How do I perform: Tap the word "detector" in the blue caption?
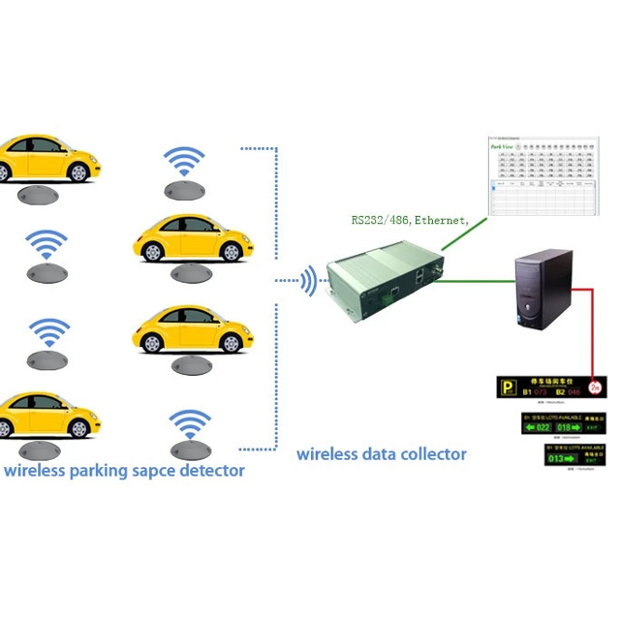tap(213, 472)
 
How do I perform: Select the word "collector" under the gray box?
tap(431, 453)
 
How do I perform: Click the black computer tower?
tap(544, 291)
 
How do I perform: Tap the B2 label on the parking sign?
tap(562, 393)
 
